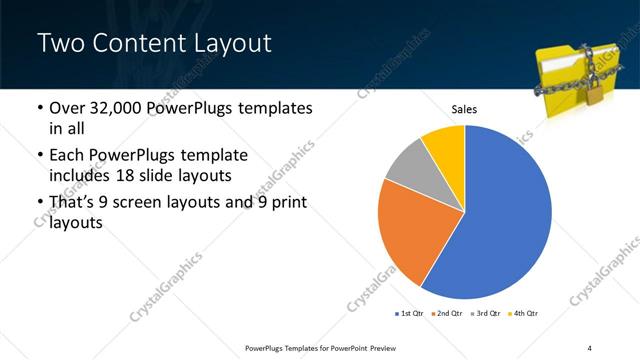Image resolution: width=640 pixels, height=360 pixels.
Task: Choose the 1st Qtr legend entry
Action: coord(409,313)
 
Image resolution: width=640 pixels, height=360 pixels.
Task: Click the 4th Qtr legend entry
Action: coord(525,313)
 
